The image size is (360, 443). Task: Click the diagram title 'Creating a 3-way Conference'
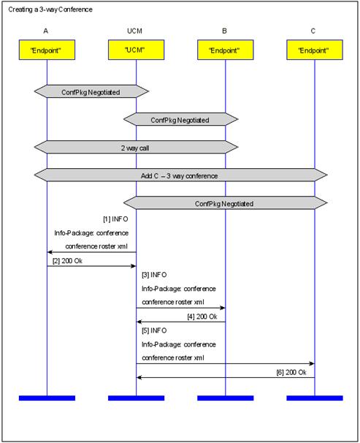pyautogui.click(x=50, y=10)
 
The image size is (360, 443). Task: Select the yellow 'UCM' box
pyautogui.click(x=137, y=50)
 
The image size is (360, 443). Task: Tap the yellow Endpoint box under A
pyautogui.click(x=47, y=50)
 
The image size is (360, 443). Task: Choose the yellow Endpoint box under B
pyautogui.click(x=226, y=50)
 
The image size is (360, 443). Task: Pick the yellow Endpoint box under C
pyautogui.click(x=315, y=50)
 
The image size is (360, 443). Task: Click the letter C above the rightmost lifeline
pyautogui.click(x=313, y=31)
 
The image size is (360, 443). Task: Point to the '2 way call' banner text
pyautogui.click(x=135, y=148)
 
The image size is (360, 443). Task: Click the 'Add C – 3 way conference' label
pyautogui.click(x=179, y=175)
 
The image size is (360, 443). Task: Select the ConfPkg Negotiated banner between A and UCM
pyautogui.click(x=91, y=91)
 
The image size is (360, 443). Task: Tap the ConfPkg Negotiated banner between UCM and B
pyautogui.click(x=180, y=119)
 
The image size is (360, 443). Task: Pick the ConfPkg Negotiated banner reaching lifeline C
pyautogui.click(x=225, y=202)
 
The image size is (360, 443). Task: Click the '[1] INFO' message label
pyautogui.click(x=115, y=219)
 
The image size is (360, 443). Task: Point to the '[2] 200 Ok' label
pyautogui.click(x=67, y=261)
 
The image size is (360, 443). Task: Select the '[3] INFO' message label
pyautogui.click(x=154, y=275)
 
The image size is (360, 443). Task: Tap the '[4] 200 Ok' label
pyautogui.click(x=202, y=317)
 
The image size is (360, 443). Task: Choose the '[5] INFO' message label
pyautogui.click(x=154, y=330)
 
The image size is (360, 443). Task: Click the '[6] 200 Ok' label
pyautogui.click(x=291, y=372)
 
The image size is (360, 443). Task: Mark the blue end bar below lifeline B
pyautogui.click(x=226, y=398)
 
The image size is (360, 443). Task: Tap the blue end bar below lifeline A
pyautogui.click(x=47, y=398)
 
